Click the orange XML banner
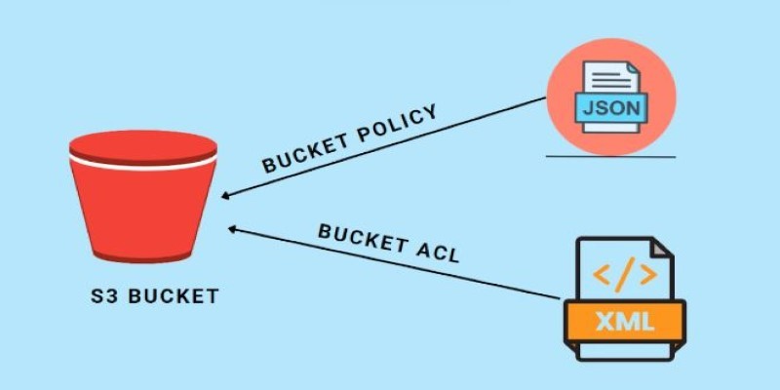point(624,319)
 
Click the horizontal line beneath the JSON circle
point(610,155)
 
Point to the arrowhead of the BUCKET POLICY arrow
point(224,196)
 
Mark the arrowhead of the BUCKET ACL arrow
point(232,228)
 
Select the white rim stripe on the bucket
point(142,165)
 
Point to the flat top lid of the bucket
point(142,144)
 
